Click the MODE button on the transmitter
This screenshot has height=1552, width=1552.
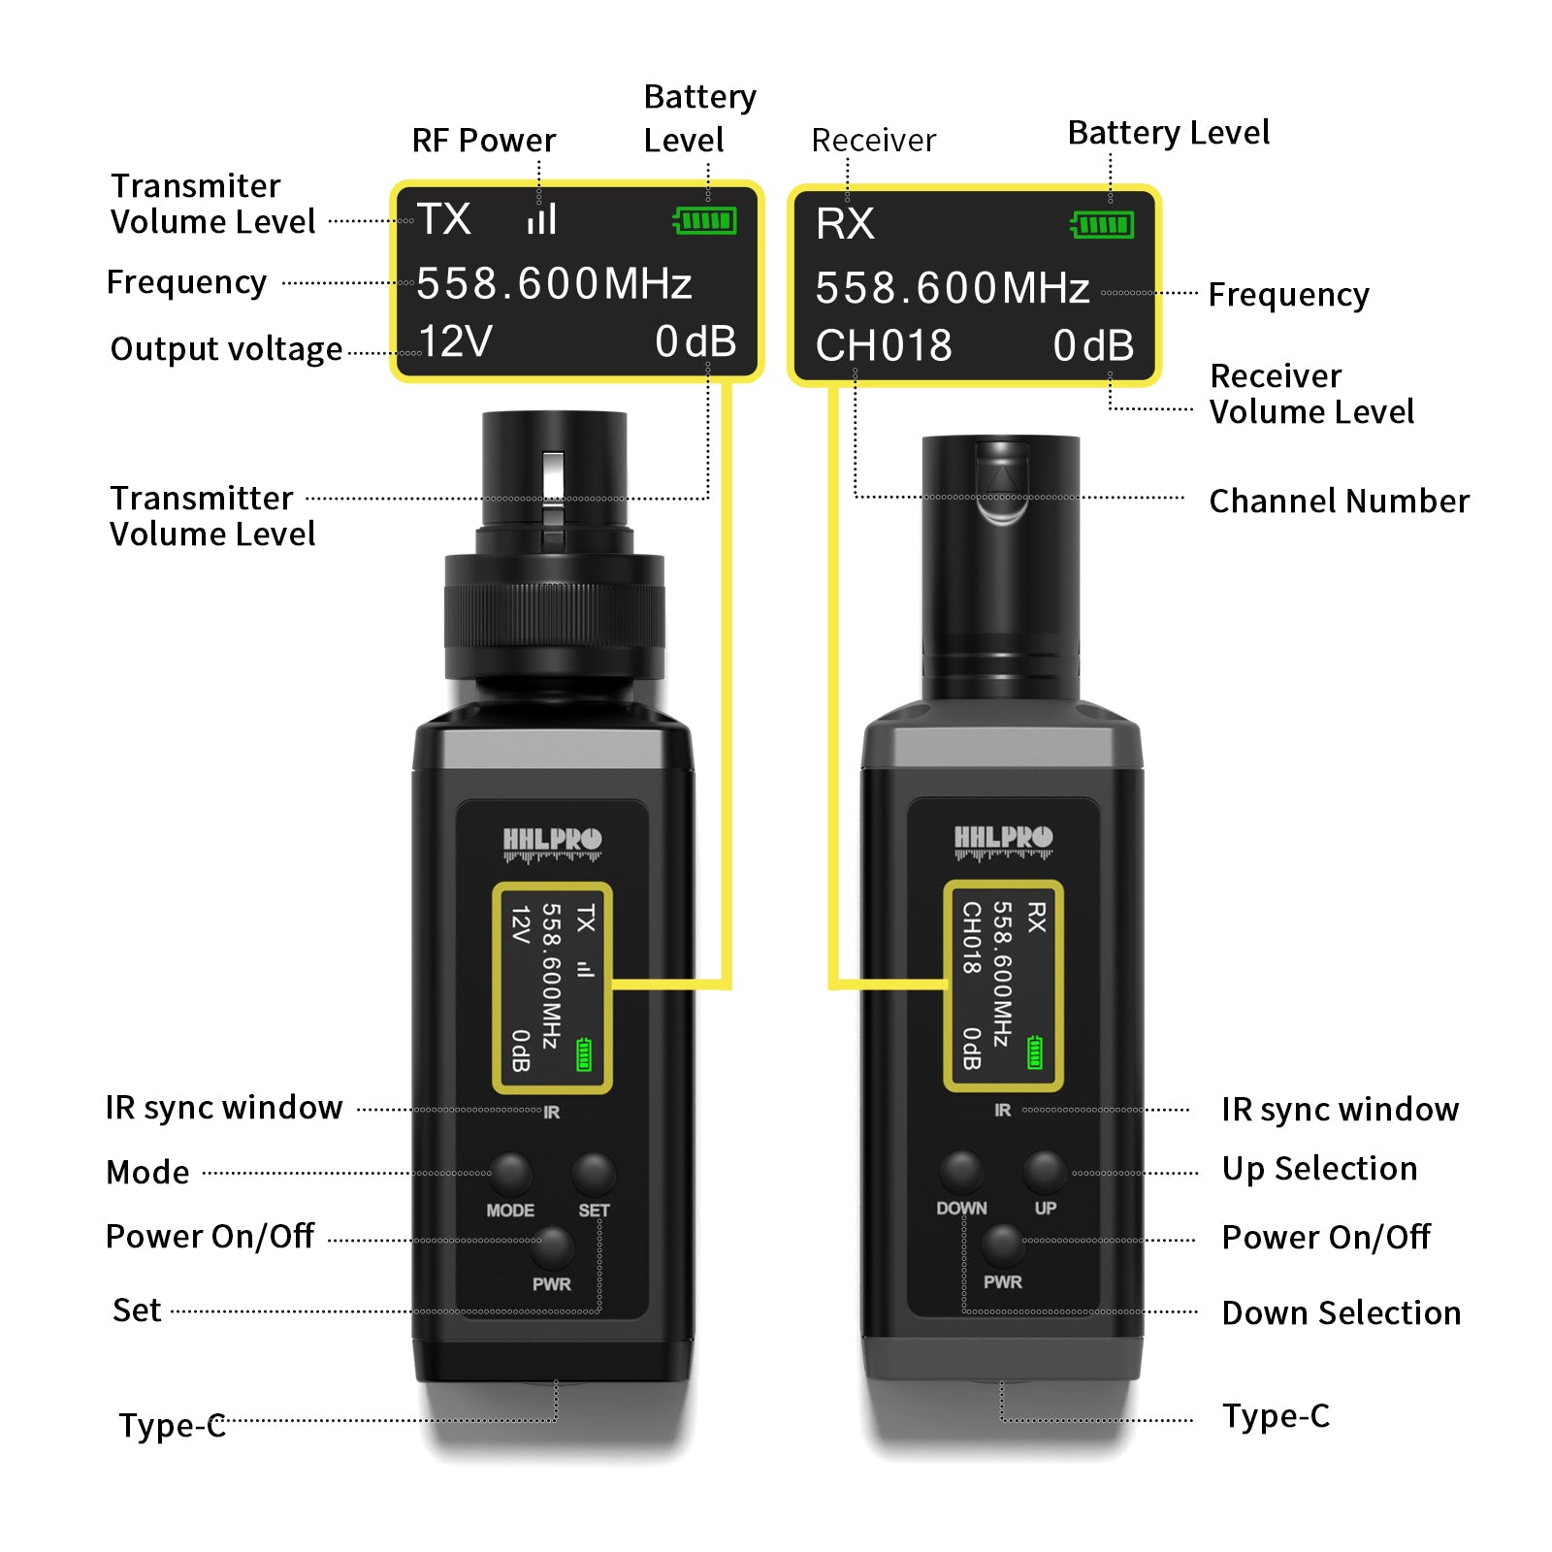[510, 1174]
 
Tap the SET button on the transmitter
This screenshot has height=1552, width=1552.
[594, 1174]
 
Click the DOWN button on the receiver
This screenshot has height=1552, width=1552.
[961, 1172]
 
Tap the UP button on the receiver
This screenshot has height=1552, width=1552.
[1045, 1172]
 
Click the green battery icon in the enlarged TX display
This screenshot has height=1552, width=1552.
[705, 221]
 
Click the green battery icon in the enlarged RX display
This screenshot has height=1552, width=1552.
[1103, 225]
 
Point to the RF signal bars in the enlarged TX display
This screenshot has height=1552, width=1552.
[542, 218]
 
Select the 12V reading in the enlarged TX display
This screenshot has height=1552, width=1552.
[455, 341]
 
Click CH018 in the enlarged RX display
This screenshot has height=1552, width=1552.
[884, 345]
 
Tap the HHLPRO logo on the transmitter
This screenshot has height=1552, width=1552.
[552, 842]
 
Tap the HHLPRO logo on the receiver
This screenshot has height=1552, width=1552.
[1003, 840]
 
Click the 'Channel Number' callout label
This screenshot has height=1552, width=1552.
[1339, 501]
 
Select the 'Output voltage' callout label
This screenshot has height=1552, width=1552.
[226, 349]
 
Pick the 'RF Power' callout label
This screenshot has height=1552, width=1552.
[484, 141]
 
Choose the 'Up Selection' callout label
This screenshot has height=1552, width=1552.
[1319, 1169]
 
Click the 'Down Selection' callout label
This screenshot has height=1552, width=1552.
[1341, 1312]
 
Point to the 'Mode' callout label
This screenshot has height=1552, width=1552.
[147, 1172]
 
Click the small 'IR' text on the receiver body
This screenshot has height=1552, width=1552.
[1002, 1110]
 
